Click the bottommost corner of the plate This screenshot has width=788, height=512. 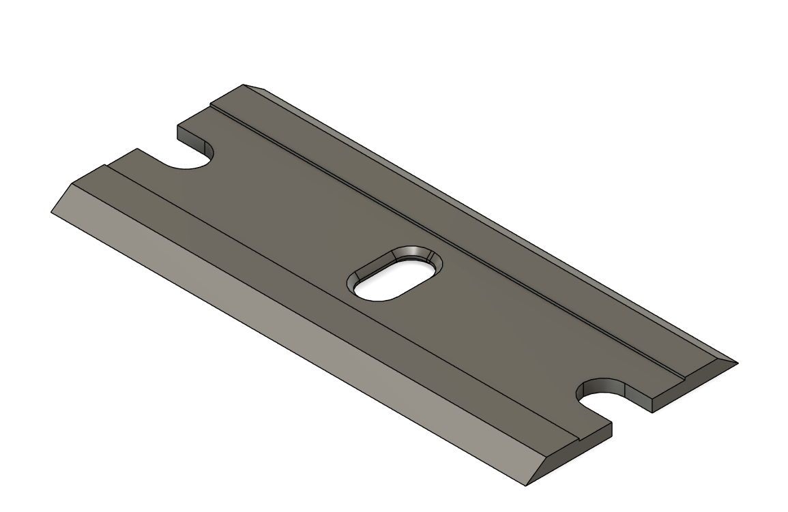[x=526, y=486]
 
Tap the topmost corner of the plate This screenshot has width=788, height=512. [x=244, y=85]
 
